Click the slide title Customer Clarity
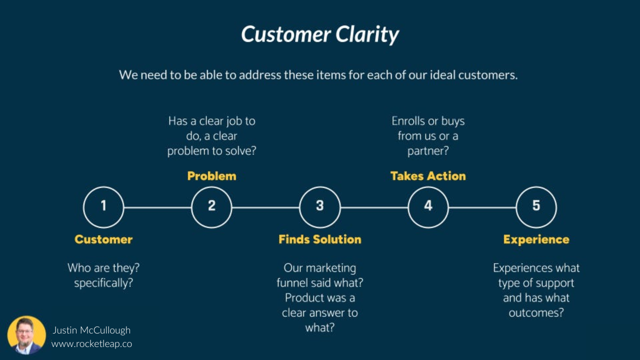point(320,34)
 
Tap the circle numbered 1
point(103,206)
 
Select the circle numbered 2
point(211,206)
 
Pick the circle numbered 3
point(320,206)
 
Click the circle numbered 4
point(428,206)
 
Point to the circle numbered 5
point(536,206)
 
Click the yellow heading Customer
point(103,239)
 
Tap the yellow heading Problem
point(211,176)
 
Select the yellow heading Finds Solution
point(320,239)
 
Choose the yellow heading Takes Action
point(428,176)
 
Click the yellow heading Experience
point(536,239)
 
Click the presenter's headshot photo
point(26,335)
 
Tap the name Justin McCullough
point(91,330)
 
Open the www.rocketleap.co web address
point(91,344)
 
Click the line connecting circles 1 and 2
point(157,206)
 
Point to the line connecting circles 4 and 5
point(482,206)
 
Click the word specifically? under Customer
point(103,283)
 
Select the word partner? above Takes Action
point(428,151)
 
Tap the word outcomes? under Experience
point(536,313)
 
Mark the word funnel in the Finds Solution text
point(293,283)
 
